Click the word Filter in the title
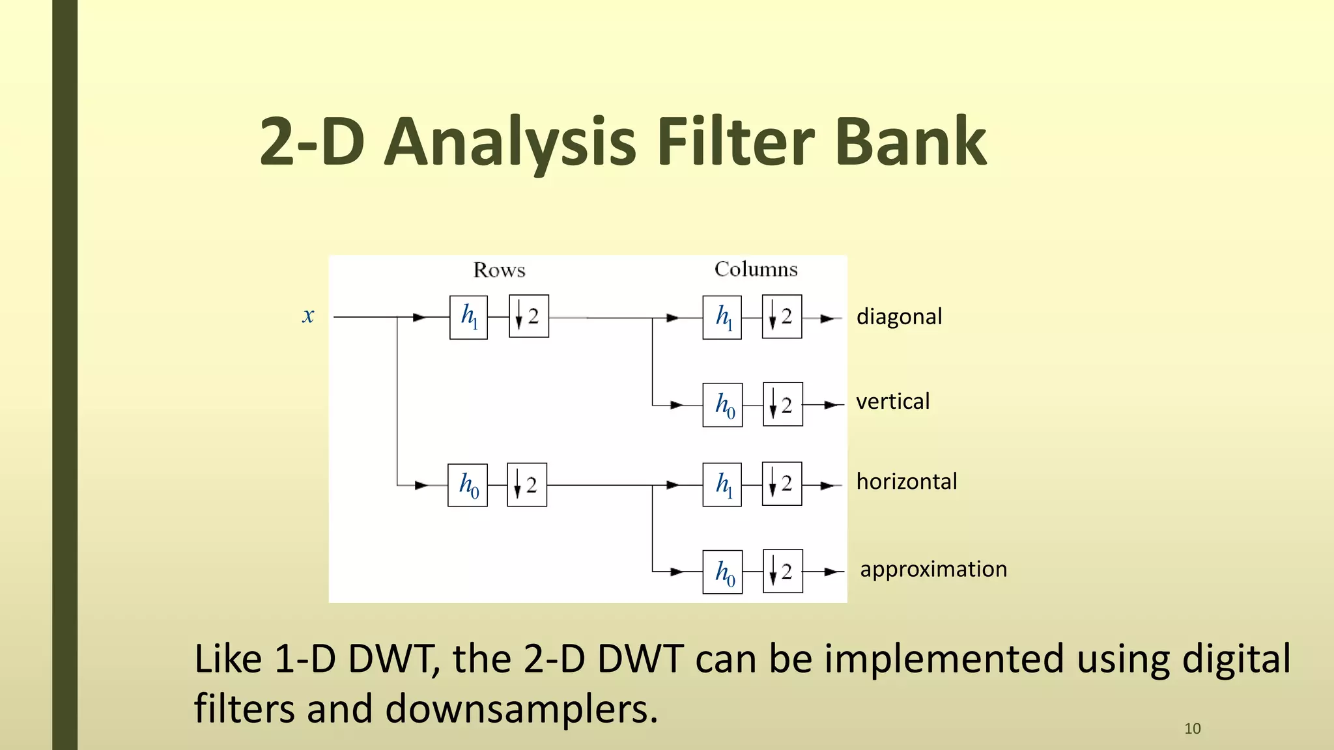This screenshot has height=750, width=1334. (735, 141)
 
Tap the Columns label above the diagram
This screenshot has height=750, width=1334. (756, 269)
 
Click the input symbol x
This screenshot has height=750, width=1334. (308, 316)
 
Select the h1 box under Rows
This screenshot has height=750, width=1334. (468, 317)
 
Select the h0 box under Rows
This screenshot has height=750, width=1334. (468, 485)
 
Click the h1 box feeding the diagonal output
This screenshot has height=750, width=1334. (722, 318)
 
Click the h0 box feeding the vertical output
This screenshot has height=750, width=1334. (722, 405)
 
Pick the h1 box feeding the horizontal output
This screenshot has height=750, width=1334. (722, 484)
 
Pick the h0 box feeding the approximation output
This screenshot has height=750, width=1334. (722, 572)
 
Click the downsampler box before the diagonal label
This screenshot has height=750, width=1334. (782, 317)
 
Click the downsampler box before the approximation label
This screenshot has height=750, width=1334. (782, 572)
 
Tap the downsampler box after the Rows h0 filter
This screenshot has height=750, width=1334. (526, 485)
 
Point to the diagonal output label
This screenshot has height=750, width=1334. (899, 316)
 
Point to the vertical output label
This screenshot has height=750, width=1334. (892, 402)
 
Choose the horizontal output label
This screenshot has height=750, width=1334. (907, 482)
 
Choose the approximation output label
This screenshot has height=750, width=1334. (933, 570)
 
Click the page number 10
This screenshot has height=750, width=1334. (1192, 729)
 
